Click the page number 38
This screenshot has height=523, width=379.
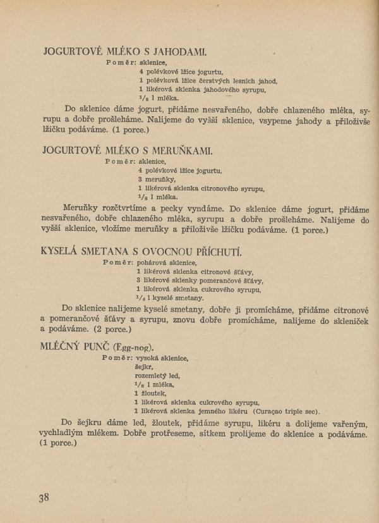(44, 497)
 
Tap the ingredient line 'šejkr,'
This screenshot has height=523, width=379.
(143, 366)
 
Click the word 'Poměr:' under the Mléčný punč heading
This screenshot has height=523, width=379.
(116, 357)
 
